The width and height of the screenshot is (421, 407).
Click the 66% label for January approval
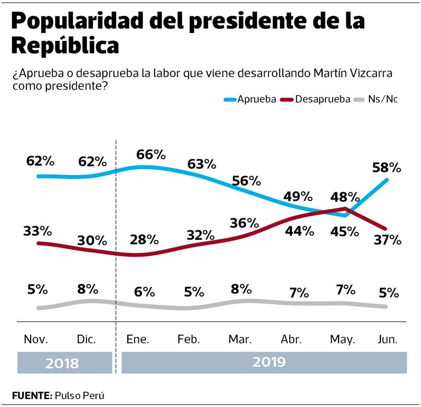[151, 154]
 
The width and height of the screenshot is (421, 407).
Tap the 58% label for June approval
[386, 167]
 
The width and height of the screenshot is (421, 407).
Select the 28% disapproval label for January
[144, 239]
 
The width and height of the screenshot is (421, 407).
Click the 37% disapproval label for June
[387, 239]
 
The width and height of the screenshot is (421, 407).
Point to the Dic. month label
[86, 339]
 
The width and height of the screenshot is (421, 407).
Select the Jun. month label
[388, 339]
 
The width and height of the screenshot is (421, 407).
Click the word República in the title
[64, 46]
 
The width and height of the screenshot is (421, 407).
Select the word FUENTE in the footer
[31, 395]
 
